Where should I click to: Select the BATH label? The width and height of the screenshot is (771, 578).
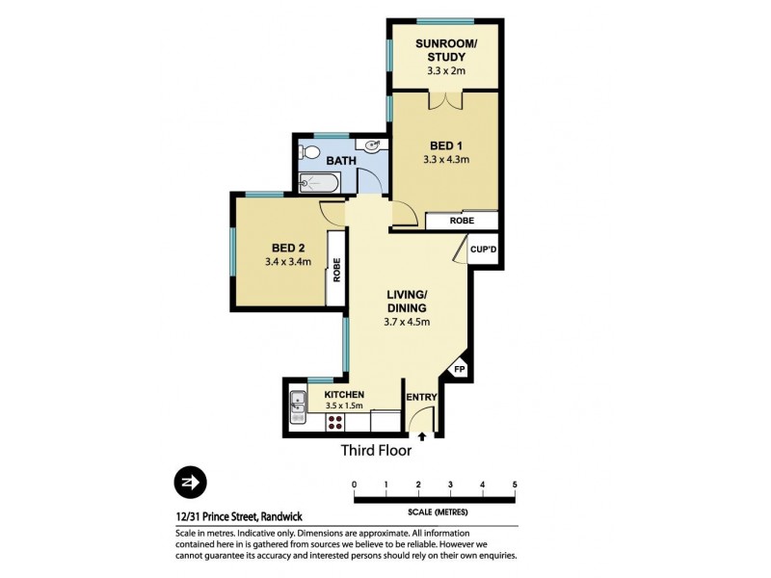pos(338,160)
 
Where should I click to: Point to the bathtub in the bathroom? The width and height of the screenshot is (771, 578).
pos(318,182)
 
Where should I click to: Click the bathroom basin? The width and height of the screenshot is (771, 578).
pos(375,145)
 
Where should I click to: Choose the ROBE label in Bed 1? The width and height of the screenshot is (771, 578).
pos(462,222)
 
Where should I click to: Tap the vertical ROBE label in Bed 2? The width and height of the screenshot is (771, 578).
pos(337,270)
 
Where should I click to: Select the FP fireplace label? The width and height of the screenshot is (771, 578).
pos(459,368)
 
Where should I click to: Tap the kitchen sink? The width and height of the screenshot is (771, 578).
pos(296,401)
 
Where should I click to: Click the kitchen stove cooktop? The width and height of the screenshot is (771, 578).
pos(296,419)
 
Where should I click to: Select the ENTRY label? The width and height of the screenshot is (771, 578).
pos(421,397)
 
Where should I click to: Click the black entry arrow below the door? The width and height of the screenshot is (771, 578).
pos(421,437)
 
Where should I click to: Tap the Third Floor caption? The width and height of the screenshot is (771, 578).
pos(376,450)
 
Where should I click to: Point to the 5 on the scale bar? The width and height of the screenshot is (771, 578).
pos(515,484)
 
